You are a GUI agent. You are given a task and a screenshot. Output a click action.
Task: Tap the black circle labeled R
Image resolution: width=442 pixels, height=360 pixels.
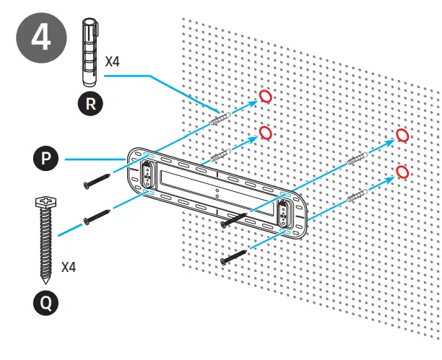coord(90,103)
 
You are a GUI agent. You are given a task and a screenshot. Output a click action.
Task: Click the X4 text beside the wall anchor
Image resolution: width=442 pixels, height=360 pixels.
coord(113,62)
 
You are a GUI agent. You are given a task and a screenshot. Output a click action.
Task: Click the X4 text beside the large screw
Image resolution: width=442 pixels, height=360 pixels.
coord(69,267)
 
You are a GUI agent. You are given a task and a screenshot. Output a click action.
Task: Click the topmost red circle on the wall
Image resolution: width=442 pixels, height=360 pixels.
coord(265,97)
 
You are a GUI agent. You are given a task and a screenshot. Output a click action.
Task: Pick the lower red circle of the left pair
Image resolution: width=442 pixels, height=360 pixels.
coord(265,133)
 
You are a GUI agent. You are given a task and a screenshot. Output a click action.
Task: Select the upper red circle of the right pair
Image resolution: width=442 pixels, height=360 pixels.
coord(403,136)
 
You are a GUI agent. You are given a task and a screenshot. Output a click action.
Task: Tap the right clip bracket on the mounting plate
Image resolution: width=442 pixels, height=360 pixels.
coord(282,211)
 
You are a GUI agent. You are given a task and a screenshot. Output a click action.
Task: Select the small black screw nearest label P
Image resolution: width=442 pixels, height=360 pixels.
coord(97,182)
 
